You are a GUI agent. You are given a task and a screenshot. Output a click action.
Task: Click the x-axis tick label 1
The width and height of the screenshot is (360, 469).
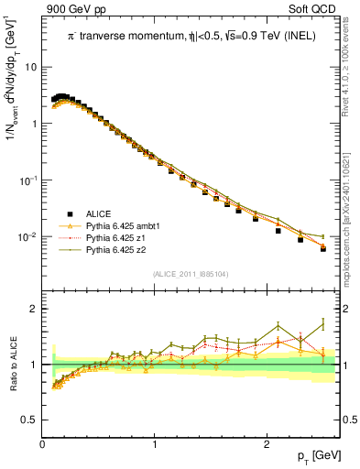[155, 445]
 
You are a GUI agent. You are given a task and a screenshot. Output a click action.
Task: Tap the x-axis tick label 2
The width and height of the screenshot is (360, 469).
[267, 445]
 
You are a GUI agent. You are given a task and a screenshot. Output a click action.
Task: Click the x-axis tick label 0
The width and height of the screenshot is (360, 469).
[43, 445]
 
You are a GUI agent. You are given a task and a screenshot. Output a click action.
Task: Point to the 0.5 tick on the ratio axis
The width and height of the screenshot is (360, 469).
[30, 420]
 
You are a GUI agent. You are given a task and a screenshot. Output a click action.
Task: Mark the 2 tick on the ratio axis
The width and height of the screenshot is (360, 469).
[35, 309]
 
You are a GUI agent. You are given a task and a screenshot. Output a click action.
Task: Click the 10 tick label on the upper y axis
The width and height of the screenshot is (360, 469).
[30, 67]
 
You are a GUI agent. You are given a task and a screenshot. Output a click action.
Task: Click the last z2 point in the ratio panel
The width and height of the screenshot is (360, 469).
[322, 324]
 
